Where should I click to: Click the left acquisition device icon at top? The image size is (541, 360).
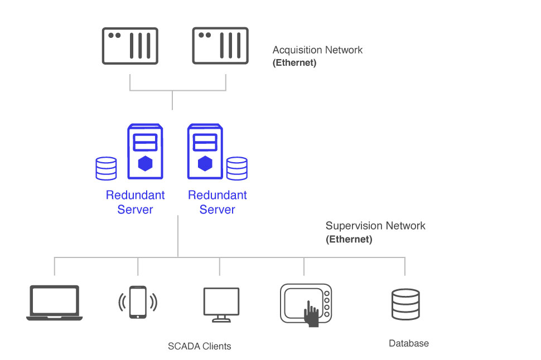130,45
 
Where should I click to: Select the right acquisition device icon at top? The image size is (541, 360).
220,45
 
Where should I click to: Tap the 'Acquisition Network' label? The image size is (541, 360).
317,50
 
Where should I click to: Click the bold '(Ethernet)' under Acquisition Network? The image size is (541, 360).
294,63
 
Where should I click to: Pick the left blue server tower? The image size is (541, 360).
146,152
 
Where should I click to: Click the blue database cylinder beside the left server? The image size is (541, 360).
106,168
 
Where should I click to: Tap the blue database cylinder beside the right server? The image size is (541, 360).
236,168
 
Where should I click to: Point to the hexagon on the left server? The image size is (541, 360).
146,163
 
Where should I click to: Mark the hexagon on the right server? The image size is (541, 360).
205,163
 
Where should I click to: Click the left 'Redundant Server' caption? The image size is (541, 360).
136,202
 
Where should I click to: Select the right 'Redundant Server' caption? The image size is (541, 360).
218,202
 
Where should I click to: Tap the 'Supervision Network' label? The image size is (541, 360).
375,226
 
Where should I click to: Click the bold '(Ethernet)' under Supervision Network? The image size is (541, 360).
349,240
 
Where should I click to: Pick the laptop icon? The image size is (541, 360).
54,303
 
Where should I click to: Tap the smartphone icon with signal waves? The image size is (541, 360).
138,302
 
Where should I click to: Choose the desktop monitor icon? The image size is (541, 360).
221,304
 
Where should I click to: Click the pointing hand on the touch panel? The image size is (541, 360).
311,314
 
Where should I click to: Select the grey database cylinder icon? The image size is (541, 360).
405,304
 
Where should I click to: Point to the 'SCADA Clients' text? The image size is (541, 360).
199,346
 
